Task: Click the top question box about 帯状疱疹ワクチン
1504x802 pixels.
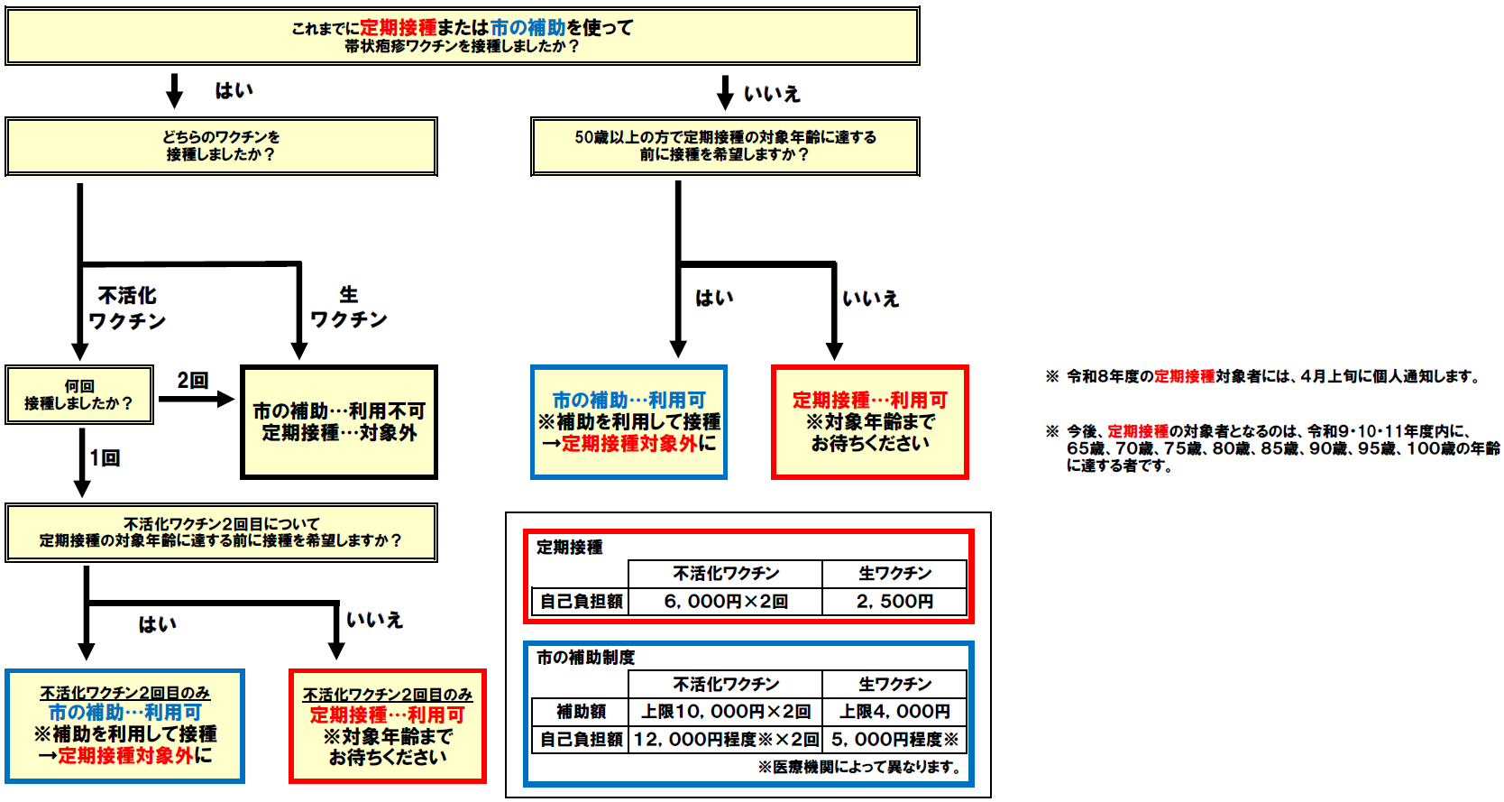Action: (x=462, y=36)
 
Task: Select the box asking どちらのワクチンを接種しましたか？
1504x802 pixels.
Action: (x=221, y=146)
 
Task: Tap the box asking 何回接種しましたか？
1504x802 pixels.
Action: (x=78, y=395)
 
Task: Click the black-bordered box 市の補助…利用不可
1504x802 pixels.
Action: (x=339, y=421)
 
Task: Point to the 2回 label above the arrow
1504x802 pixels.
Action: (x=192, y=381)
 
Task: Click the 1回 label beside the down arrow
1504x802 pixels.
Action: (x=105, y=458)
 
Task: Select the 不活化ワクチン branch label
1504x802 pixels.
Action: (x=127, y=309)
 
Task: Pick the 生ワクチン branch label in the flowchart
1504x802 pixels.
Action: (x=349, y=307)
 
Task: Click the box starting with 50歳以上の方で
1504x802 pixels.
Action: (x=725, y=146)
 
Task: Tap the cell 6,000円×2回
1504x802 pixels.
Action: (x=725, y=602)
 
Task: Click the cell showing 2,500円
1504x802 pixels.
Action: (x=894, y=602)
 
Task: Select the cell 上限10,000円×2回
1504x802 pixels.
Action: (x=725, y=712)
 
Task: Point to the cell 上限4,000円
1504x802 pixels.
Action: (x=894, y=712)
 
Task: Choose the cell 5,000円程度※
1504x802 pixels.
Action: (x=894, y=740)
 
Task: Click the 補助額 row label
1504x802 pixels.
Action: (x=581, y=712)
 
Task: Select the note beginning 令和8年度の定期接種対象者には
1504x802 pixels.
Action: (x=1271, y=376)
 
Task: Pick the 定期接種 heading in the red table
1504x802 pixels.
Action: (x=570, y=547)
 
